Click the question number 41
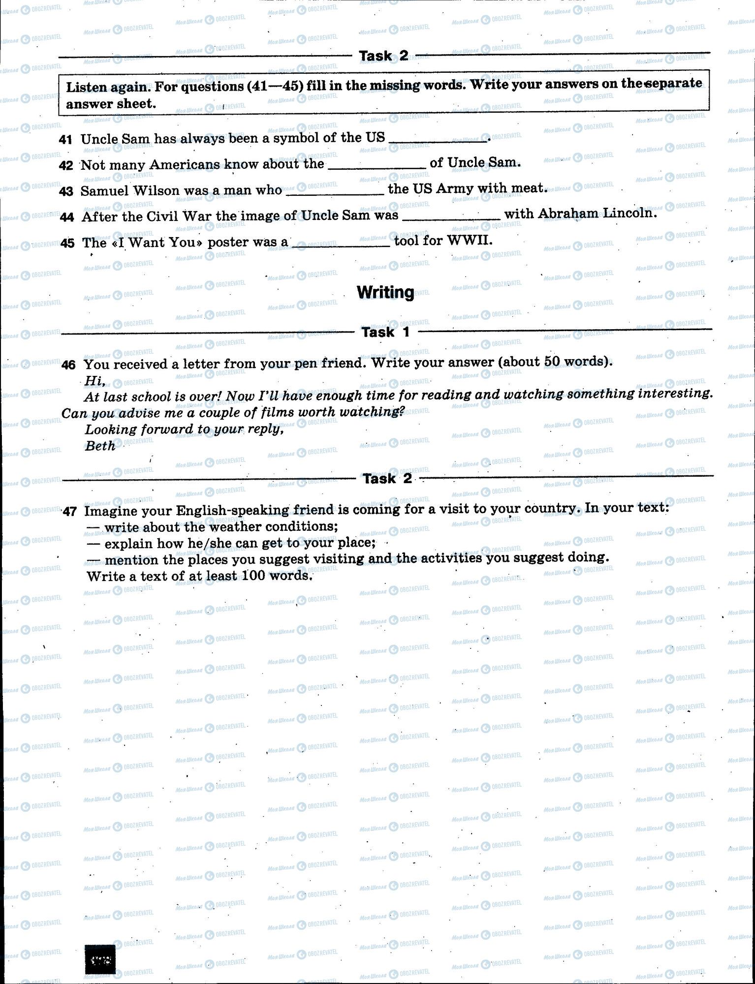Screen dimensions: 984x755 pos(65,139)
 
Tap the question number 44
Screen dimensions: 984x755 pos(66,217)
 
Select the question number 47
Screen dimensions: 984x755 pos(69,512)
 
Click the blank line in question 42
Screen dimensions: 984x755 pos(377,167)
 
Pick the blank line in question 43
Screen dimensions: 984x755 pos(335,194)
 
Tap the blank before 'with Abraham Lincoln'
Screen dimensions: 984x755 pos(451,218)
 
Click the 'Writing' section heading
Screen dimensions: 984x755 pos(385,292)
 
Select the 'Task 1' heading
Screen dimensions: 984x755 pos(385,332)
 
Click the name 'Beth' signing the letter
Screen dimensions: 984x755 pos(100,446)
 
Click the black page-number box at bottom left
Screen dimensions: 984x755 pos(100,959)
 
